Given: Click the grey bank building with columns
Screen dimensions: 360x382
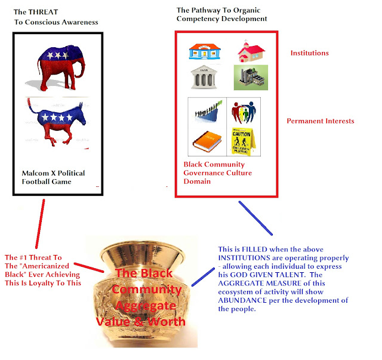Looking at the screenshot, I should tap(203, 78).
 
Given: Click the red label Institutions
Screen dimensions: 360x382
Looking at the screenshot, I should tap(309, 53).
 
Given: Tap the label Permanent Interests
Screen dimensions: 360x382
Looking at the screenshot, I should tap(320, 121).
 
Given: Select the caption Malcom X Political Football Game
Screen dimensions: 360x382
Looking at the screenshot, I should tap(53, 177).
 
